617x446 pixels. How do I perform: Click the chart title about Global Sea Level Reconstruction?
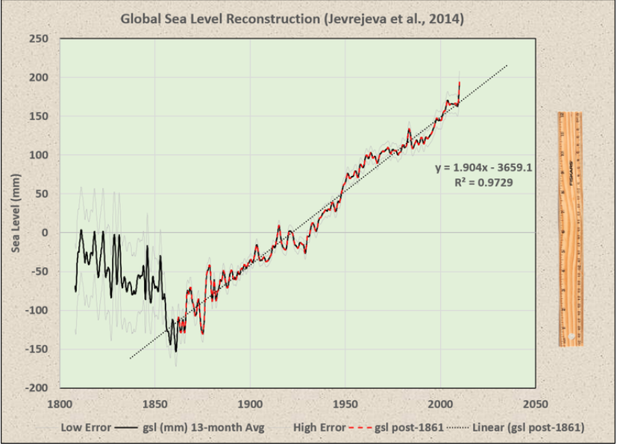click(292, 18)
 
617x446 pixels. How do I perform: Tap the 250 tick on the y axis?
click(39, 39)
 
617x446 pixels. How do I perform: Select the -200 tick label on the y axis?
click(37, 388)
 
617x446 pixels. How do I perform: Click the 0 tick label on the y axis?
click(46, 233)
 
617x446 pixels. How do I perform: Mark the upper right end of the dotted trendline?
click(507, 66)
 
